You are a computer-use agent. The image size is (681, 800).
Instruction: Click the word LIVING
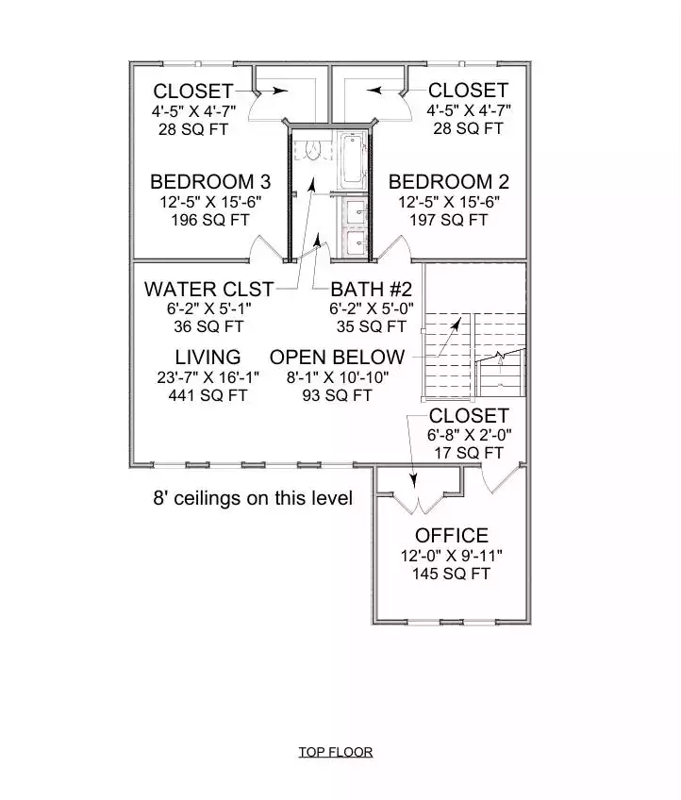pyautogui.click(x=208, y=358)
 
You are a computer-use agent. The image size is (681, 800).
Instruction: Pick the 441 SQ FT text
pyautogui.click(x=208, y=396)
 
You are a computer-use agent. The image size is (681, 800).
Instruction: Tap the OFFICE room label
pyautogui.click(x=452, y=537)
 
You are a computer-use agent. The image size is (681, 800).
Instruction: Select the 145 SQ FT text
pyautogui.click(x=452, y=574)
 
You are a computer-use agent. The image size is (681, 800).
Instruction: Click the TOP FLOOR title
pyautogui.click(x=336, y=752)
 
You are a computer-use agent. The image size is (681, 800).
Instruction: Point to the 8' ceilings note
pyautogui.click(x=253, y=498)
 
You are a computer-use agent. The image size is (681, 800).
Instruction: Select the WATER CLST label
pyautogui.click(x=208, y=289)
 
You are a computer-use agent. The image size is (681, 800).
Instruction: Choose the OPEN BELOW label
pyautogui.click(x=337, y=358)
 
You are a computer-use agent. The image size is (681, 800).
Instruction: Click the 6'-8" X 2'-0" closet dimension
pyautogui.click(x=468, y=435)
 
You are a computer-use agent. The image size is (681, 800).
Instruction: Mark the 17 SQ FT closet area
pyautogui.click(x=468, y=453)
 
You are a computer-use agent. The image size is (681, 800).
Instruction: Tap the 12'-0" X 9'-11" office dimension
pyautogui.click(x=452, y=556)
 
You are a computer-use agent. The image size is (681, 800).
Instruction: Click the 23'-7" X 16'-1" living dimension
pyautogui.click(x=208, y=377)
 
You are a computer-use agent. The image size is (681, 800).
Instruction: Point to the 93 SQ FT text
pyautogui.click(x=337, y=396)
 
